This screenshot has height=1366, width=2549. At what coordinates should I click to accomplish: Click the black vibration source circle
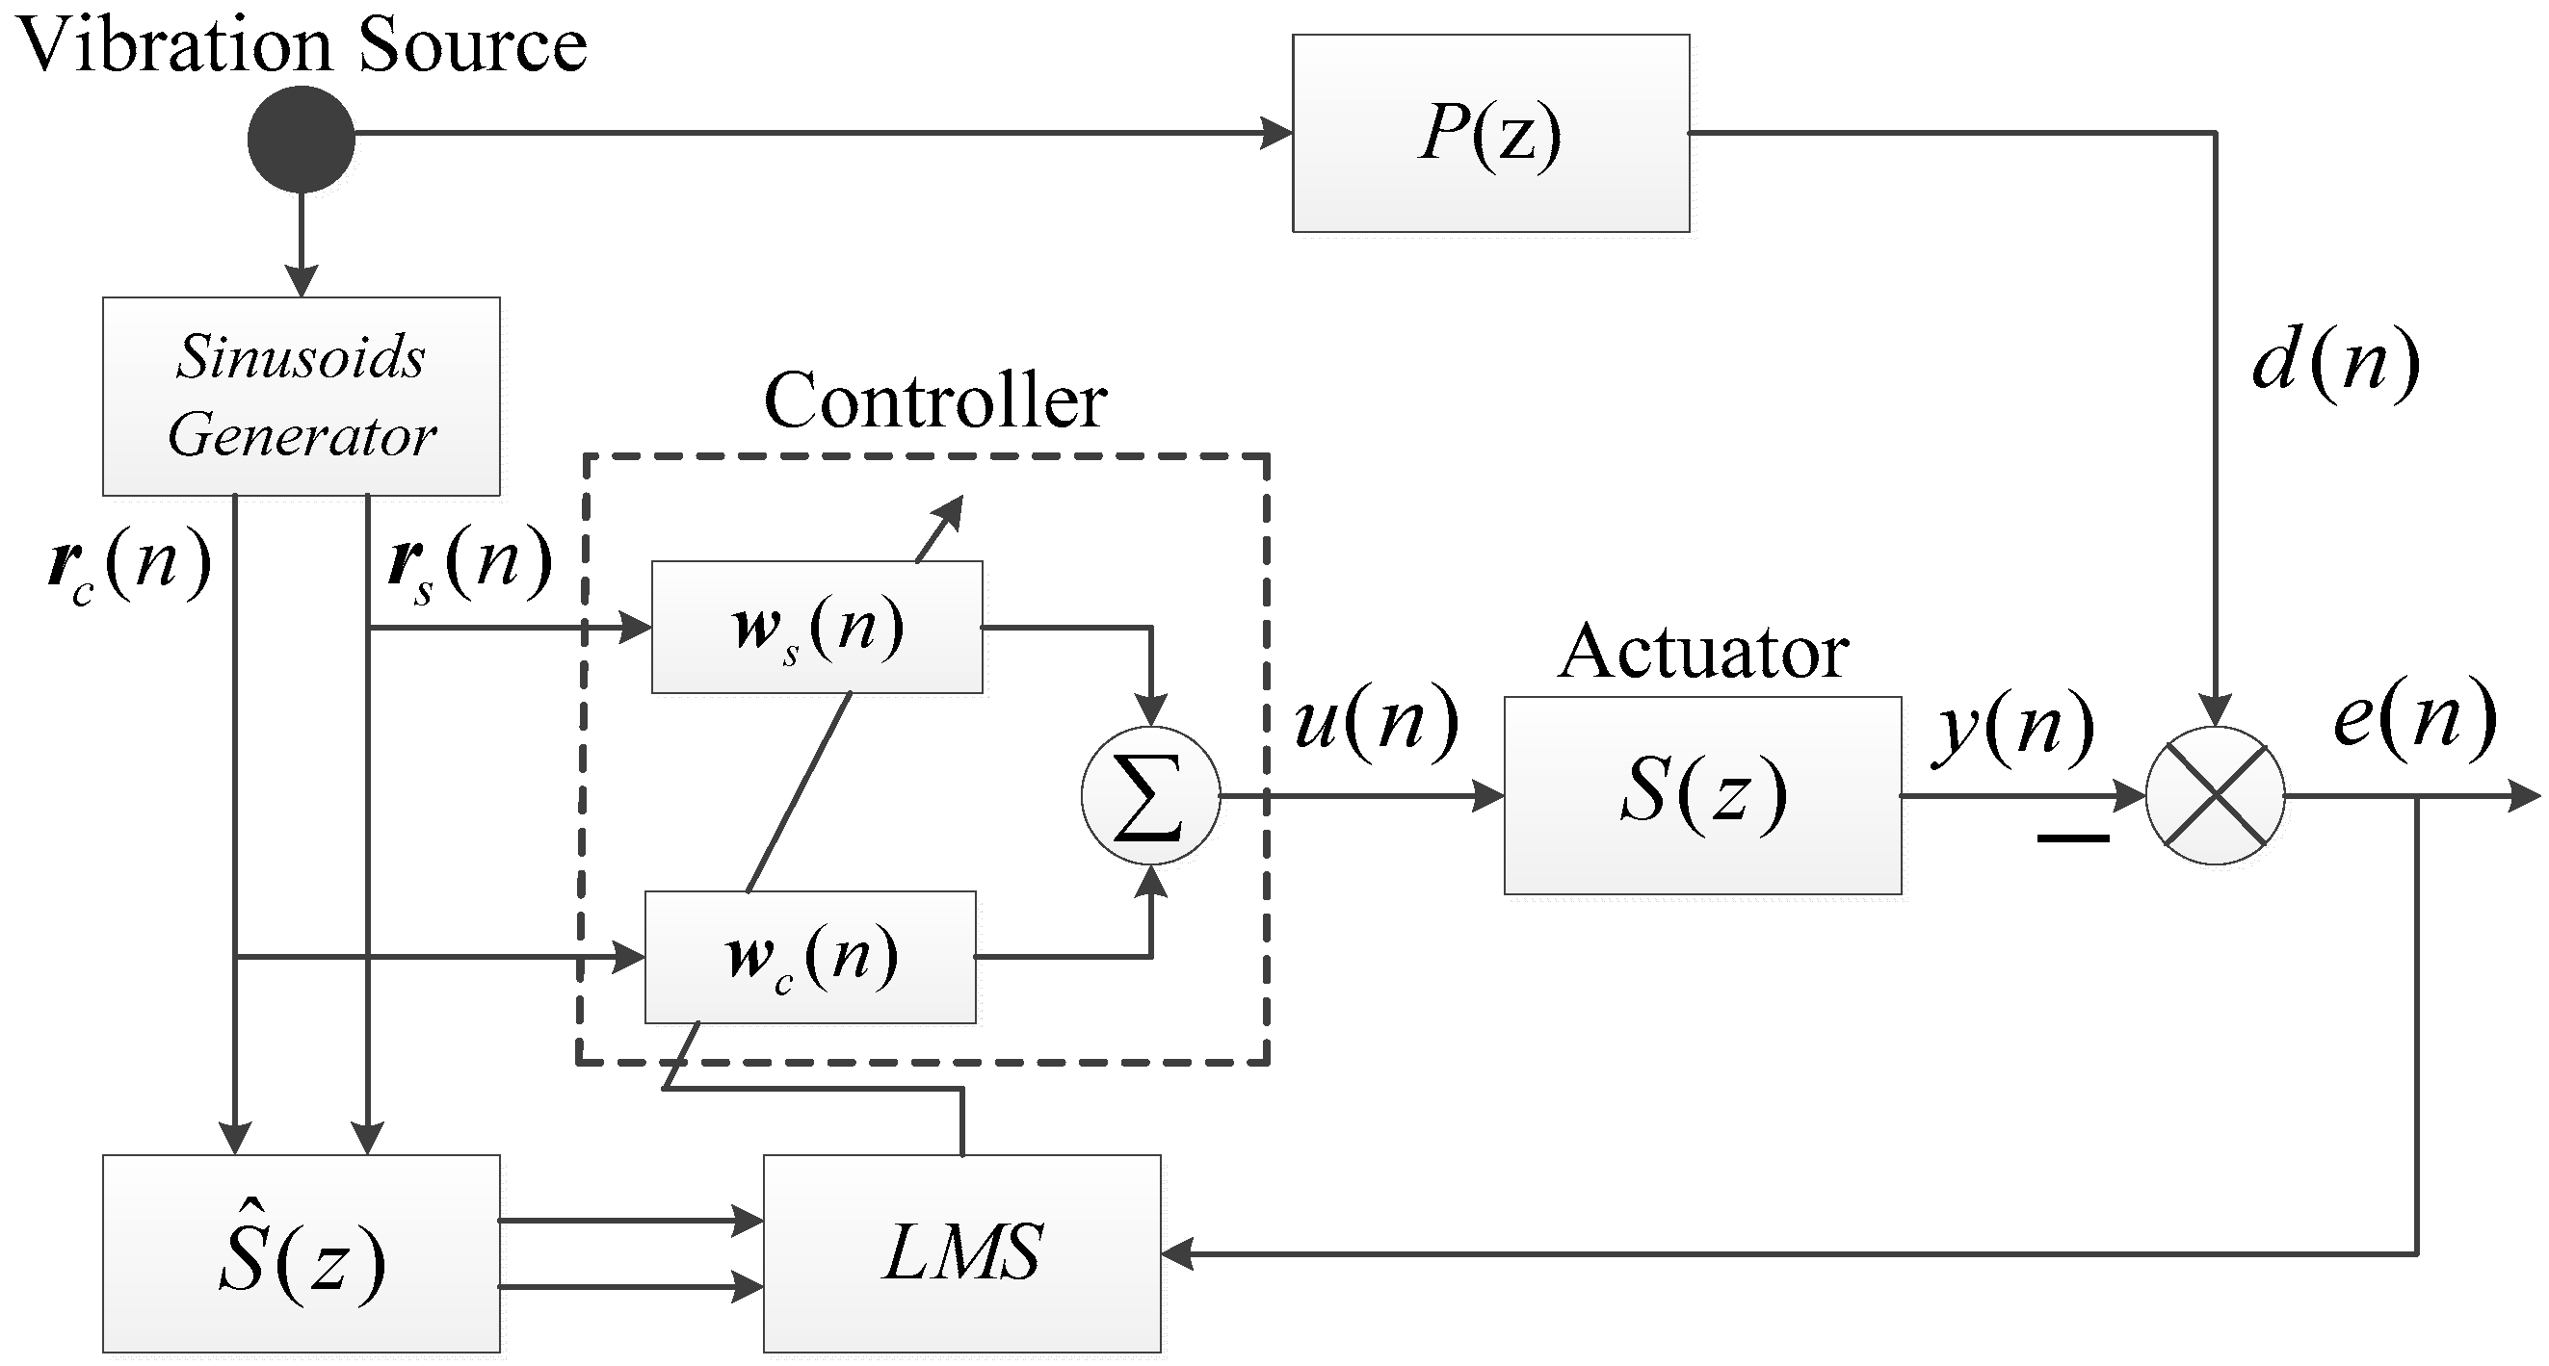pos(301,140)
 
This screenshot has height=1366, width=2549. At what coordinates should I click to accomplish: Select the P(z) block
pos(1490,134)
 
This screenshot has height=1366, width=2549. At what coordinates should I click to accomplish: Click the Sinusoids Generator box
pos(301,396)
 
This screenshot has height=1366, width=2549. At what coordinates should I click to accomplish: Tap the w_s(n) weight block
pos(816,627)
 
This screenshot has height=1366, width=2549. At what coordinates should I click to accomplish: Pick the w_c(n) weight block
pos(810,957)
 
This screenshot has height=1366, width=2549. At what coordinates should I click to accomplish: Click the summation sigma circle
pos(1150,795)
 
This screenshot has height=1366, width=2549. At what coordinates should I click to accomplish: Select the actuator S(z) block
pos(1702,795)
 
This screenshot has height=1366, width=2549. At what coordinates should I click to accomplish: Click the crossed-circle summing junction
pos(2215,795)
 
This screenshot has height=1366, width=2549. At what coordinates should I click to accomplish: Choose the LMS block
pos(961,1253)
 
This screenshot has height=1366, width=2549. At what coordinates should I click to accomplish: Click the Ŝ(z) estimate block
pos(301,1253)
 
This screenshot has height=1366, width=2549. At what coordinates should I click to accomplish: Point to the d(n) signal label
pos(2335,362)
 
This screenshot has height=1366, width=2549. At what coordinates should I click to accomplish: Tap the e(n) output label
pos(2414,718)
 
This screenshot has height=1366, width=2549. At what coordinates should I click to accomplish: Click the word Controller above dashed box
pos(935,401)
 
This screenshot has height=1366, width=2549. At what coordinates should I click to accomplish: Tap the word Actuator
pos(1703,653)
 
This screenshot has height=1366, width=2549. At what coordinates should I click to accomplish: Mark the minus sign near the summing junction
pos(2073,838)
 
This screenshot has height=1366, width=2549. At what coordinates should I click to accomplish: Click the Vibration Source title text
pos(302,45)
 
